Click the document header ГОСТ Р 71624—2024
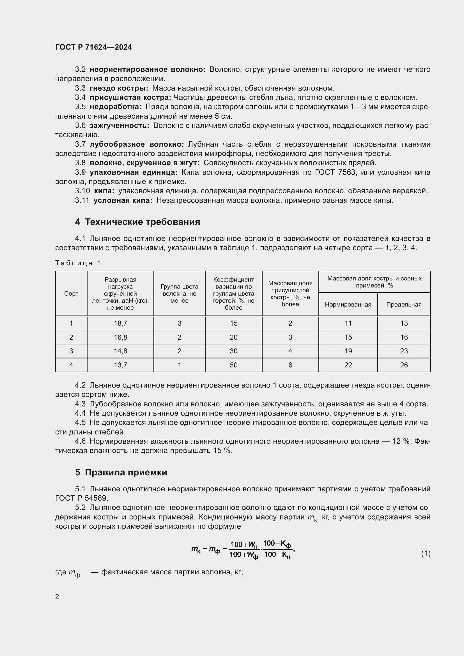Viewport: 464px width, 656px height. pyautogui.click(x=93, y=47)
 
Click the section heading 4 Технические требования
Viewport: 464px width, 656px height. pyautogui.click(x=137, y=222)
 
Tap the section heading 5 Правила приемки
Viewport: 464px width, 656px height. pyautogui.click(x=121, y=472)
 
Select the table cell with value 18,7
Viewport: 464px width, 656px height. pyautogui.click(x=120, y=323)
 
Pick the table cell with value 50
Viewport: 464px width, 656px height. pyautogui.click(x=233, y=365)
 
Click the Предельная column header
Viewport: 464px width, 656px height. pyautogui.click(x=404, y=304)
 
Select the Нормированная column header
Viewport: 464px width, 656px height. pyautogui.click(x=348, y=304)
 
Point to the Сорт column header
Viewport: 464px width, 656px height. pyautogui.click(x=71, y=293)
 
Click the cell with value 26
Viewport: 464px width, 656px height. pyautogui.click(x=404, y=365)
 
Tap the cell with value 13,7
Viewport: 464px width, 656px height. pyautogui.click(x=120, y=365)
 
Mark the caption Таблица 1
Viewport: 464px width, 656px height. pyautogui.click(x=78, y=263)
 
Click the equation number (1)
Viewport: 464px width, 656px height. pyautogui.click(x=426, y=553)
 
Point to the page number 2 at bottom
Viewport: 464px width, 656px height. pyautogui.click(x=57, y=597)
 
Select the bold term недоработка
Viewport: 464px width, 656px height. pyautogui.click(x=115, y=107)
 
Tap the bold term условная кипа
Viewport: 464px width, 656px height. pyautogui.click(x=123, y=200)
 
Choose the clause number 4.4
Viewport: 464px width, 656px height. pyautogui.click(x=80, y=413)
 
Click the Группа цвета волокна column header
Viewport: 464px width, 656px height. pyautogui.click(x=179, y=293)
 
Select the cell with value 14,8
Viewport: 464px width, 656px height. pyautogui.click(x=120, y=351)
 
